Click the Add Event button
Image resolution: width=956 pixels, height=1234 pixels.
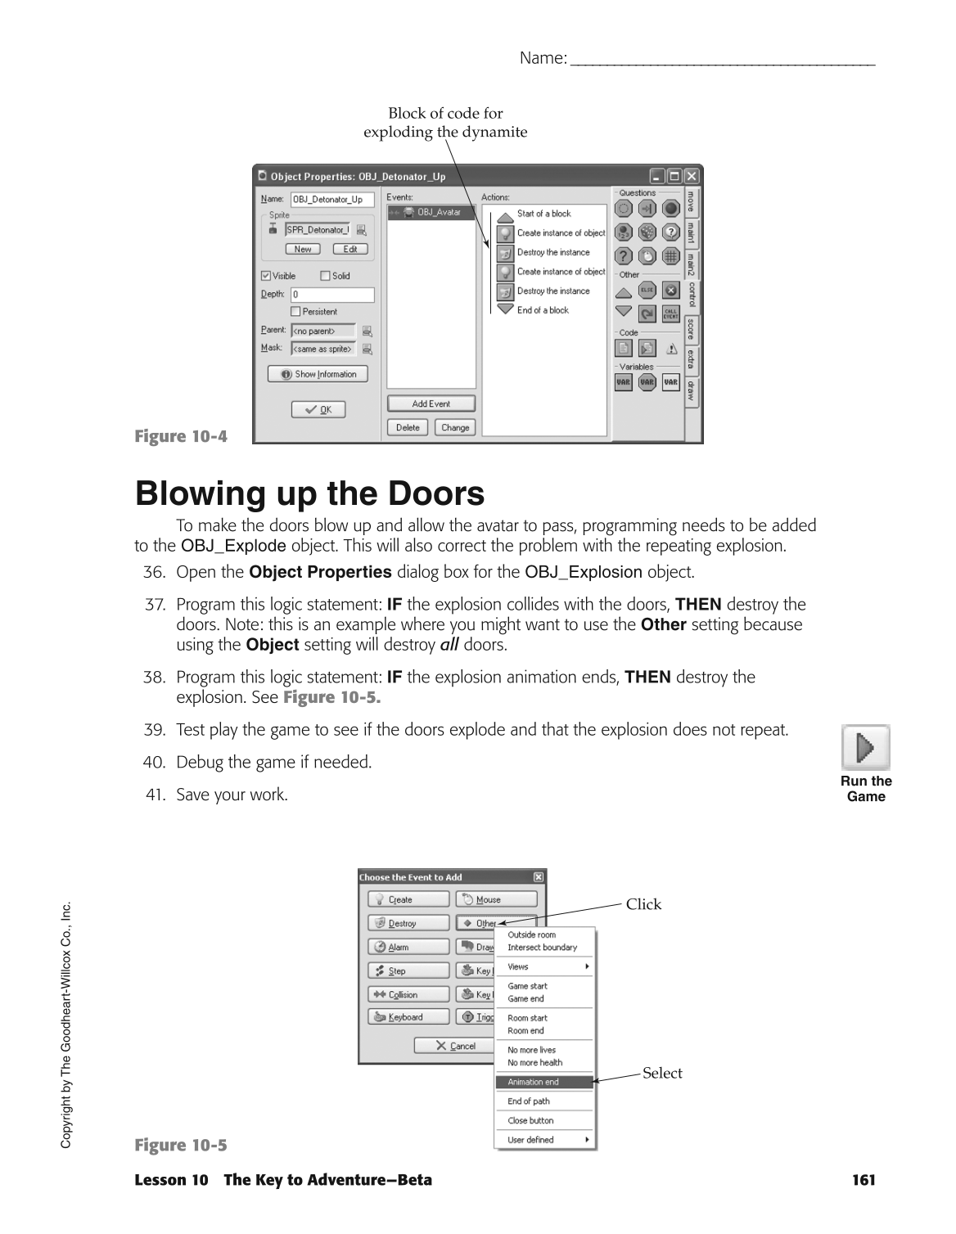click(431, 403)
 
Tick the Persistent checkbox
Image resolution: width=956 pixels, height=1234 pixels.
click(296, 312)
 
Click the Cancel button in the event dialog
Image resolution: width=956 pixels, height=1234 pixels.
click(455, 1046)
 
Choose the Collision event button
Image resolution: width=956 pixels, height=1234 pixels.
click(408, 995)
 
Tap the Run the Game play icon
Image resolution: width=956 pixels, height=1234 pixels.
click(865, 747)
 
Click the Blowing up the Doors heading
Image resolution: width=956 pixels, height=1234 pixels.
click(309, 494)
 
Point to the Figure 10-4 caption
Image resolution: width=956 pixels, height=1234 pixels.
click(181, 436)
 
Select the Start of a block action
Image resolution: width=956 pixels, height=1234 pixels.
click(543, 214)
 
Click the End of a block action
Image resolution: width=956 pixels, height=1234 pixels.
click(542, 310)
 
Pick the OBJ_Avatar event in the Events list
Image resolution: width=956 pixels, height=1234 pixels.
click(431, 213)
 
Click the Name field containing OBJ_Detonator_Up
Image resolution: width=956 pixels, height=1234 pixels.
click(331, 200)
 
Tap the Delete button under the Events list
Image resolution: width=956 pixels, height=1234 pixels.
click(408, 427)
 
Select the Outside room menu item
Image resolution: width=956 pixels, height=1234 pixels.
click(531, 935)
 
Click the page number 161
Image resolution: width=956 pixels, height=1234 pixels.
click(863, 1180)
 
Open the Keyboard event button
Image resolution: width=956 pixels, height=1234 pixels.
click(408, 1017)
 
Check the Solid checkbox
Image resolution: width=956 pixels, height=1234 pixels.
click(325, 277)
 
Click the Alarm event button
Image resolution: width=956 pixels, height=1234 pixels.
click(408, 948)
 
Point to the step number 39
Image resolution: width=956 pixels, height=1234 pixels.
click(154, 730)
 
